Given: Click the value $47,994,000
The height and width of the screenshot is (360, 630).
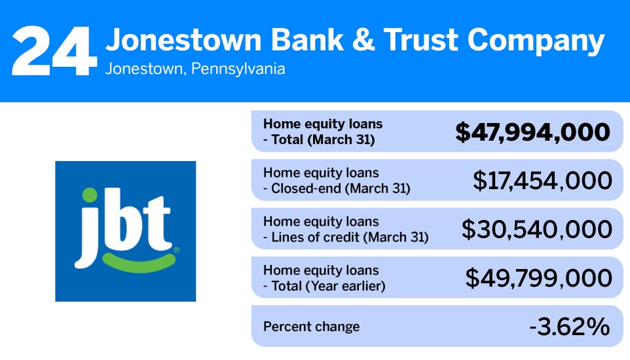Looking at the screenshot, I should click(532, 132).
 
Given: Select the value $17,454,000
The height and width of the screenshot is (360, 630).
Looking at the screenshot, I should click(542, 181).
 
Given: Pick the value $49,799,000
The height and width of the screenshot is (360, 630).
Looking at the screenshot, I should click(539, 278).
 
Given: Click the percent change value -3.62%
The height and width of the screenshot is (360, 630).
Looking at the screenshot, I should click(569, 327).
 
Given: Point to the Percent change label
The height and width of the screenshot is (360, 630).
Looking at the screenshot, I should click(311, 327).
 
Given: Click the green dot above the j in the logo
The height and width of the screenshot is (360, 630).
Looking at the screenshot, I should click(91, 194).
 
